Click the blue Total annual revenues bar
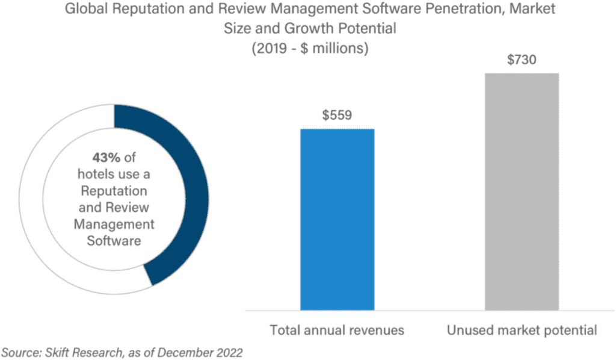(x=337, y=220)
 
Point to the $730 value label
(x=522, y=60)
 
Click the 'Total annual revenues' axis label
(x=337, y=330)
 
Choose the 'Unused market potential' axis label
(x=522, y=330)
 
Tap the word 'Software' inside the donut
(x=114, y=241)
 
